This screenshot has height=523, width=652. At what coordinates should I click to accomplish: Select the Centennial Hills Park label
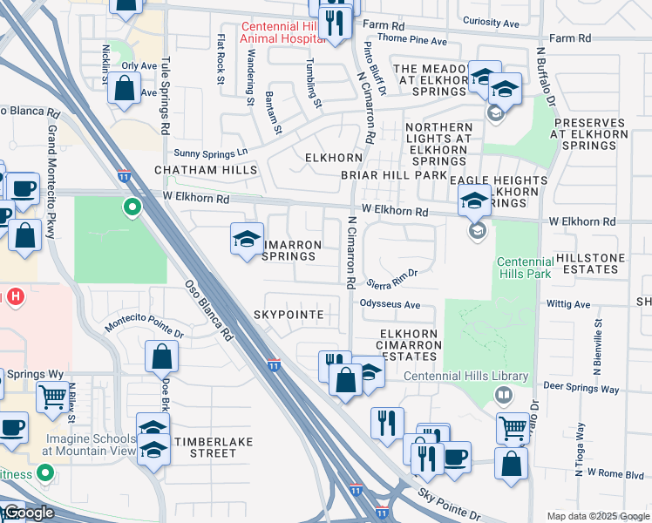point(525,268)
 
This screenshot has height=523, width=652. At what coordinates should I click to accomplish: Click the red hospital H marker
point(14,297)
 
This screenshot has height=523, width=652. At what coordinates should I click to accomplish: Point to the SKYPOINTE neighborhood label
point(289,314)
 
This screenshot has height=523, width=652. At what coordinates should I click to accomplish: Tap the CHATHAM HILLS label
point(206,170)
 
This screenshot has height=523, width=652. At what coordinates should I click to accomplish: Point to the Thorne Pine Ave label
point(412,41)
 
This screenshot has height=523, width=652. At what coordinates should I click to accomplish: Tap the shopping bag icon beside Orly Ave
point(125,89)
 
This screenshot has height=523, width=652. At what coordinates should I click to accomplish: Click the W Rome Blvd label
point(615,474)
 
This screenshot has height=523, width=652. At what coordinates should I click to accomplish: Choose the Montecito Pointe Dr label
point(145,328)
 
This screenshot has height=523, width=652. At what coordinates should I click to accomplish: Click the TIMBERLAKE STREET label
point(214,447)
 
